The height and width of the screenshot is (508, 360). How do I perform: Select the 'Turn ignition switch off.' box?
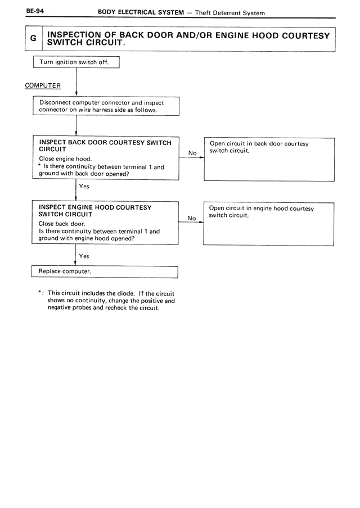click(x=77, y=62)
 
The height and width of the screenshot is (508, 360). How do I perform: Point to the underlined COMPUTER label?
click(x=43, y=85)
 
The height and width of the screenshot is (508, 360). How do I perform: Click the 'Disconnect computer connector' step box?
click(x=106, y=106)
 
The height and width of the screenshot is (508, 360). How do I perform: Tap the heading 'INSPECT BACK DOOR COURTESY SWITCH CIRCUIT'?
click(x=105, y=146)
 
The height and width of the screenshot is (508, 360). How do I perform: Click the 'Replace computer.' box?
click(x=105, y=271)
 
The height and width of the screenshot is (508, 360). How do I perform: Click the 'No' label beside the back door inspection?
click(x=192, y=153)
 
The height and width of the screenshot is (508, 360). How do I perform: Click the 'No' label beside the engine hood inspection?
click(x=192, y=218)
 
